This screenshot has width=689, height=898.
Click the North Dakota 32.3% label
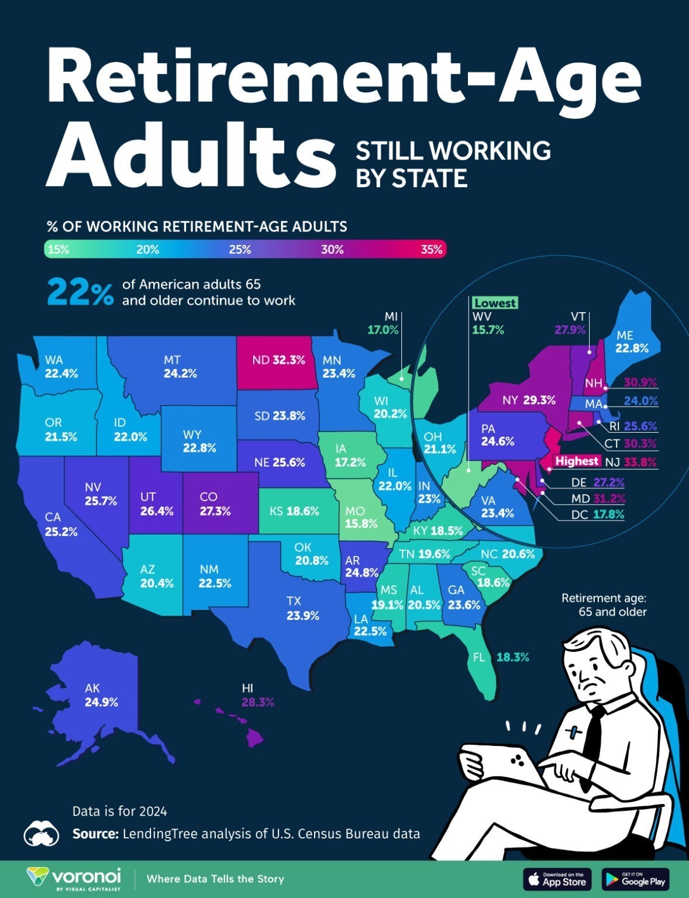pyautogui.click(x=278, y=360)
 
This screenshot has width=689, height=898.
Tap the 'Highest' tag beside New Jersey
pyautogui.click(x=577, y=461)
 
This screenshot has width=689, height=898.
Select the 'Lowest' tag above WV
pyautogui.click(x=495, y=303)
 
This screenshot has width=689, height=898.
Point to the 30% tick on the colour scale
pyautogui.click(x=332, y=250)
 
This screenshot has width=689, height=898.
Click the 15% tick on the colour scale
pyautogui.click(x=58, y=250)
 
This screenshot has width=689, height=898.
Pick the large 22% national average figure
pyautogui.click(x=80, y=292)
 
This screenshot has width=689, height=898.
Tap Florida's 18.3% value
pyautogui.click(x=512, y=657)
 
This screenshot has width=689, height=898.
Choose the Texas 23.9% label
pyautogui.click(x=302, y=608)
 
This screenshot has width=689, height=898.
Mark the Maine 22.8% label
pyautogui.click(x=632, y=341)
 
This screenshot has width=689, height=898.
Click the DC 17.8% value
pyautogui.click(x=609, y=515)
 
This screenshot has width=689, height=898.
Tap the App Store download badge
pyautogui.click(x=557, y=879)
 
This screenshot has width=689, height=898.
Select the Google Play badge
pyautogui.click(x=635, y=879)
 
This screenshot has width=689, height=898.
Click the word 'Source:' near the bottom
pyautogui.click(x=95, y=834)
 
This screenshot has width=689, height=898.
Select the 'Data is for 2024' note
pyautogui.click(x=119, y=811)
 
